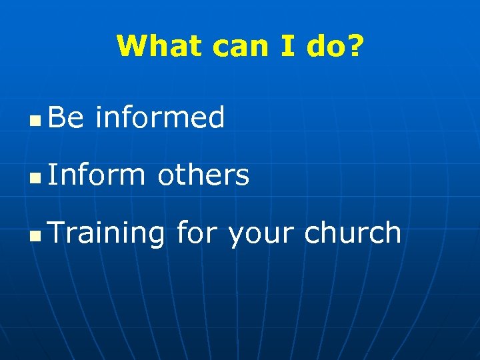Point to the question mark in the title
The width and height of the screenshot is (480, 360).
[x=357, y=46]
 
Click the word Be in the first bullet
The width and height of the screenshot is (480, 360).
[x=66, y=118]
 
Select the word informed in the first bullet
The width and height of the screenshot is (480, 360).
[x=160, y=118]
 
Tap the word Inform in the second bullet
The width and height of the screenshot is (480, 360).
[x=97, y=175]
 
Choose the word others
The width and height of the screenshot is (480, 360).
[x=203, y=175]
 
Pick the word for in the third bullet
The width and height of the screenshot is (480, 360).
[x=198, y=233]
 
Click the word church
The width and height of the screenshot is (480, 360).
[x=353, y=233]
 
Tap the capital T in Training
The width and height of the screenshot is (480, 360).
[x=56, y=233]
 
